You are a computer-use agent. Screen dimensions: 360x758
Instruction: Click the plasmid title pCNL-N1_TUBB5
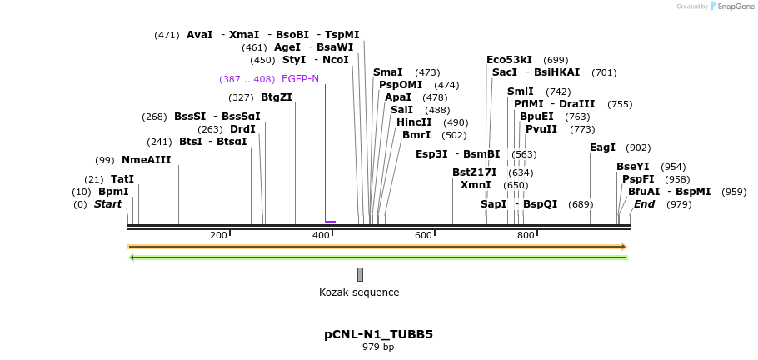coord(378,335)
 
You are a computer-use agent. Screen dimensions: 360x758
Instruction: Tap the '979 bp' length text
coord(378,347)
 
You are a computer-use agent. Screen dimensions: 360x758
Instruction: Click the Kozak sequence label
coord(359,292)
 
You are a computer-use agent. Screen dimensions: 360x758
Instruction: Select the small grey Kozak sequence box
coord(360,274)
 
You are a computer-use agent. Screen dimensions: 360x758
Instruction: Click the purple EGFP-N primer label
coord(300,79)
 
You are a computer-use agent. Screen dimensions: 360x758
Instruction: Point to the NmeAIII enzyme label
coord(146,160)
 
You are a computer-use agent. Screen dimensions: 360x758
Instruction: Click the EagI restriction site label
coord(602,147)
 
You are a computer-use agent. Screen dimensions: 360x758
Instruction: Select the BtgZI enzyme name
coord(277,97)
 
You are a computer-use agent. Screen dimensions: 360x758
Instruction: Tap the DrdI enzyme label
coord(242,129)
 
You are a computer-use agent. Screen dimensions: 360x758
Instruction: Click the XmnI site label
coord(476,185)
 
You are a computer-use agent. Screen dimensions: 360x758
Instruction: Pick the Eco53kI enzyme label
coord(509,60)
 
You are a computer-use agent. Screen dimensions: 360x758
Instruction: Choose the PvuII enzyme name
coord(541,129)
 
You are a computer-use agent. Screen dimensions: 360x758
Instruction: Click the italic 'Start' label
coord(107,204)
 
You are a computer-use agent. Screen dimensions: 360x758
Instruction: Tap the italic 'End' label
coord(644,204)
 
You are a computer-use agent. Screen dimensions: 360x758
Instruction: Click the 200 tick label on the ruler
coord(218,236)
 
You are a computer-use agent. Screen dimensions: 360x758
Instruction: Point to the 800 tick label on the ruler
coord(526,236)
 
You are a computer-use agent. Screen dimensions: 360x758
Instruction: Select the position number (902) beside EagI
coord(638,147)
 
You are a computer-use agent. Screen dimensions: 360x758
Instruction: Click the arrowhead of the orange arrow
coord(622,247)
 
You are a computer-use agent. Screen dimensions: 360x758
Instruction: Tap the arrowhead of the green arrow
coord(132,257)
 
